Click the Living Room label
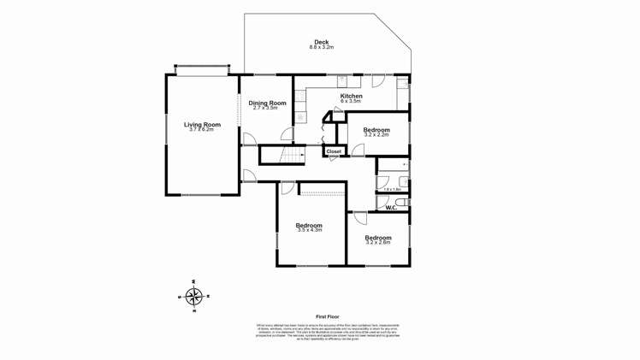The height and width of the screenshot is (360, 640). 202,125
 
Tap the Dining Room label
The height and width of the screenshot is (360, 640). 267,103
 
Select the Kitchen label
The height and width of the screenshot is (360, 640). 351,96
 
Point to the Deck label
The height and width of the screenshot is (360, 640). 321,42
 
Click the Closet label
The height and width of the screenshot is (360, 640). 334,151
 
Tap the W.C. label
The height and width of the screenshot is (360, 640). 390,208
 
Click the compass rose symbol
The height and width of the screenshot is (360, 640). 194,296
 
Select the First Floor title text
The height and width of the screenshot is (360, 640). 329,316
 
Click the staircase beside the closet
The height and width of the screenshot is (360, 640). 293,155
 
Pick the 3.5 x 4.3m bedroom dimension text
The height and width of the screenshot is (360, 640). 309,230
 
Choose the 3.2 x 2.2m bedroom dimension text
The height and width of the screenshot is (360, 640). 376,135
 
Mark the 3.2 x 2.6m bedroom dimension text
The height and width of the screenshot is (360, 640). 377,243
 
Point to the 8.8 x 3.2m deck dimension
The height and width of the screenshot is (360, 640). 321,48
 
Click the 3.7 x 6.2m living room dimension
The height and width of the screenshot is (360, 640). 202,130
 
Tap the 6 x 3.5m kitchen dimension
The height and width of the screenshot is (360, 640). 351,102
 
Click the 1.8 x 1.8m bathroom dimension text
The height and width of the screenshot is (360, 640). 392,190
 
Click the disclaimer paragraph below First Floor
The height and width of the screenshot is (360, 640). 329,333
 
